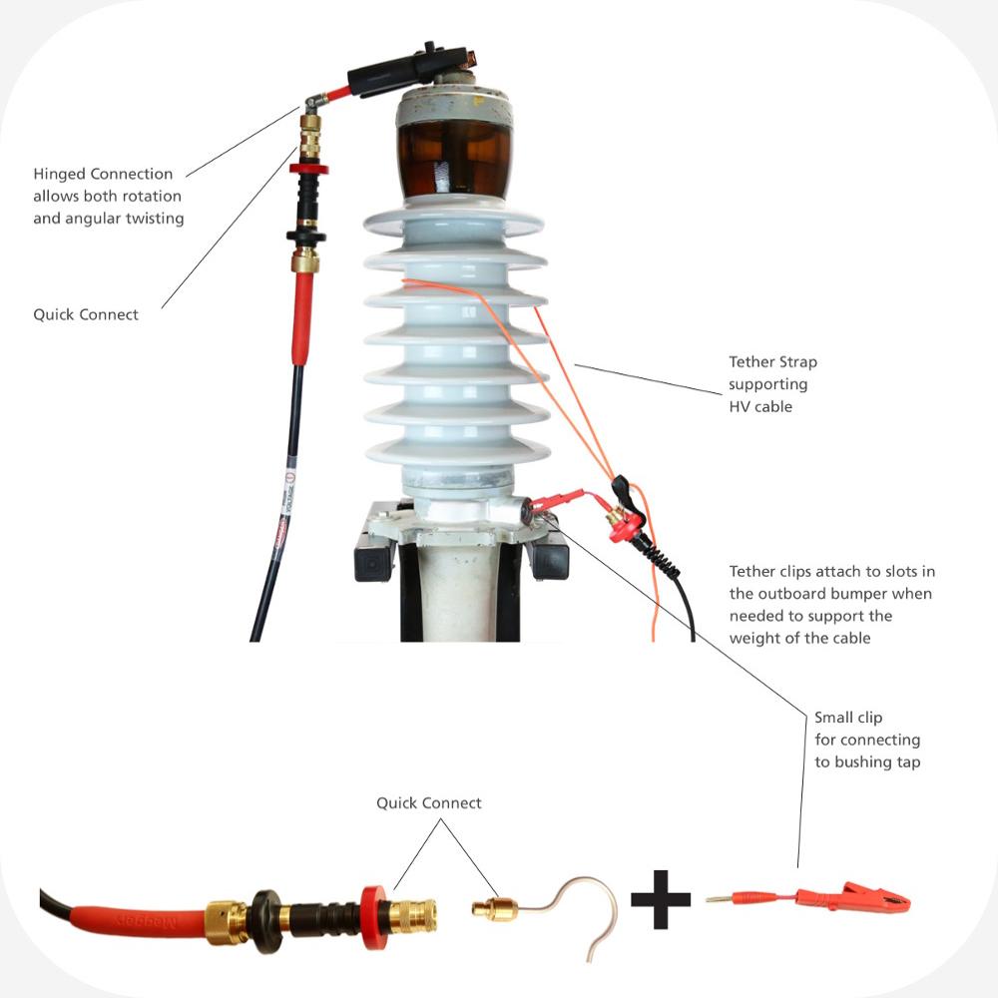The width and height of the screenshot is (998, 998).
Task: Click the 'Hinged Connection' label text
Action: [103, 174]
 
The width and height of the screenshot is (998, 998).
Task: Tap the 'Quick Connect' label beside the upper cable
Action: [86, 314]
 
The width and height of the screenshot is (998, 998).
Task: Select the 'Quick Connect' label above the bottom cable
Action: [428, 802]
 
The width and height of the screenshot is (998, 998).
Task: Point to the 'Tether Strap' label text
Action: [771, 362]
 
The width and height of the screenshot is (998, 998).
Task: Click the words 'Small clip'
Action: [847, 718]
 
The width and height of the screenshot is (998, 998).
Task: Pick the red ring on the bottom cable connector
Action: [375, 914]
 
